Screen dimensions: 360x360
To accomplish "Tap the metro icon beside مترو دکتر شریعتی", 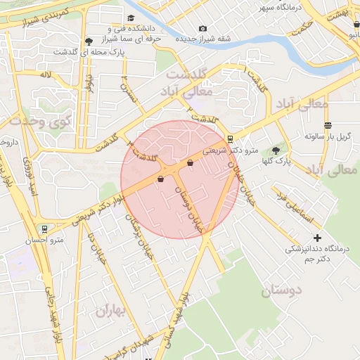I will [231, 139].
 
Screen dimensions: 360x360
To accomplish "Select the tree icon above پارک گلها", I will [275, 150].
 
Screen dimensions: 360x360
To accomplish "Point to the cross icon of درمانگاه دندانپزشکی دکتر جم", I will [317, 238].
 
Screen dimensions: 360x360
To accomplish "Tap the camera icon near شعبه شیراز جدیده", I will [202, 29].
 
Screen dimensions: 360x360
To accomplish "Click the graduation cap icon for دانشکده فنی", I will [131, 18].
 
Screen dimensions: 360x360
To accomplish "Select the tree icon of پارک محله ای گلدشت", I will [88, 41].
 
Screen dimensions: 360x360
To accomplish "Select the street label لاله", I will [46, 74].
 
